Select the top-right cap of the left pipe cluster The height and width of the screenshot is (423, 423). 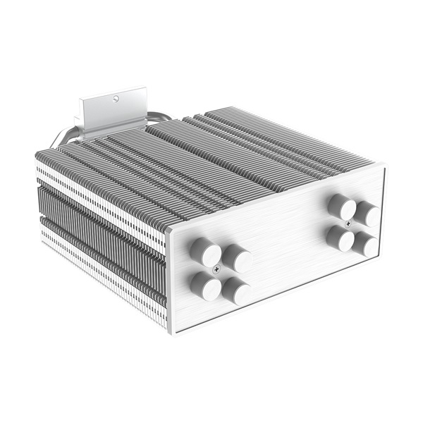click(238, 259)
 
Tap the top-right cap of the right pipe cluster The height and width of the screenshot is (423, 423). click(367, 213)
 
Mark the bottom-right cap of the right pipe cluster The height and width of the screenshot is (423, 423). click(366, 244)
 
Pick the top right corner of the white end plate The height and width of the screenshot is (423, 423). click(384, 165)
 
